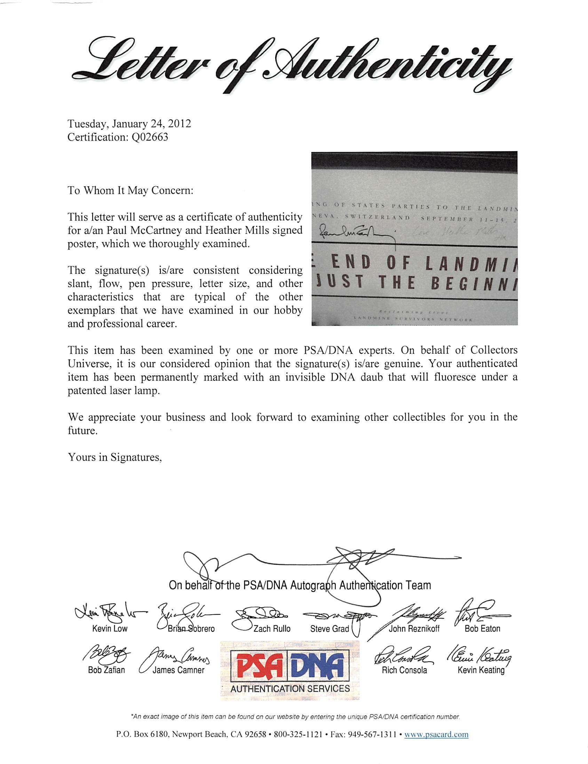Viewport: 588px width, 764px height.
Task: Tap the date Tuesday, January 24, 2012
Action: coord(129,124)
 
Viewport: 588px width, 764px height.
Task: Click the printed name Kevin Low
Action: coord(110,629)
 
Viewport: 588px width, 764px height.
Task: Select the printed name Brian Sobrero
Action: coord(191,629)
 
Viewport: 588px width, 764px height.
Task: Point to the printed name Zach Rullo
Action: coord(272,629)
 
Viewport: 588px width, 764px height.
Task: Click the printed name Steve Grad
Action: coord(329,629)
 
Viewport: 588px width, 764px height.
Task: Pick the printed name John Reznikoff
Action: coord(414,629)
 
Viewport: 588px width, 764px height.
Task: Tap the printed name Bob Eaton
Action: coord(482,629)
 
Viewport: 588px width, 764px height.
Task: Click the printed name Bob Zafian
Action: coord(106,670)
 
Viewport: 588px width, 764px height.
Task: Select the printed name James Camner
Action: coord(178,670)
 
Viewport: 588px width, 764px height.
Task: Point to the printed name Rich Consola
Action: coord(404,670)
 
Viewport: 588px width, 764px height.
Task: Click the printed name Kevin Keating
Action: coord(481,670)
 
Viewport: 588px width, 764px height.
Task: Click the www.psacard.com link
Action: coord(436,734)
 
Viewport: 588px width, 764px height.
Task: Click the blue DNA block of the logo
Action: coord(318,665)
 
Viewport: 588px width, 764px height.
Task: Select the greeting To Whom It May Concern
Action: coord(130,190)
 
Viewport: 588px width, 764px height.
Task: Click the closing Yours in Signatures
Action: coord(114,457)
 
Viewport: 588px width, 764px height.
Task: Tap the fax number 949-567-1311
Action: coord(371,734)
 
